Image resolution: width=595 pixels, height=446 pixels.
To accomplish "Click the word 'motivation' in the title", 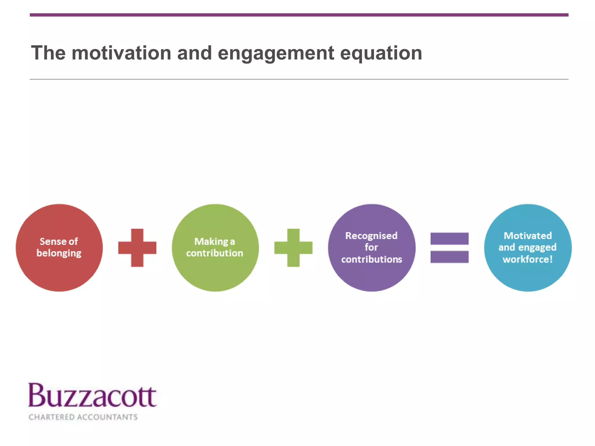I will [121, 53].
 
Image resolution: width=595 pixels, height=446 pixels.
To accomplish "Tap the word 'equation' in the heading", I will [381, 54].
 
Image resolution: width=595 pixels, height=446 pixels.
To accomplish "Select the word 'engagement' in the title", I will [276, 54].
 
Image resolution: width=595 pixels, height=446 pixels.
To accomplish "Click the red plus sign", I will [137, 248].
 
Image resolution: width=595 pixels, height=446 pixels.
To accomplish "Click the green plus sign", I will [293, 248].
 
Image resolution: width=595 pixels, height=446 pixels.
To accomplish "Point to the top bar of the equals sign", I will [449, 238].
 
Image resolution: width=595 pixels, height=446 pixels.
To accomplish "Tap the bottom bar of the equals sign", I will [449, 257].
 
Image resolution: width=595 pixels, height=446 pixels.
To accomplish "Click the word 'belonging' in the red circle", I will [59, 253].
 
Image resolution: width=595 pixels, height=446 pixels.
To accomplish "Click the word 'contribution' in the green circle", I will [214, 253].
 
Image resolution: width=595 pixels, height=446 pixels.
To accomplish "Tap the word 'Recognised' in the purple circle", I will [371, 235].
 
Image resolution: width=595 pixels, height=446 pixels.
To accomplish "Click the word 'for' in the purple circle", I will [371, 247].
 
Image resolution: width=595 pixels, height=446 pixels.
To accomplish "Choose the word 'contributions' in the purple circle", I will [372, 259].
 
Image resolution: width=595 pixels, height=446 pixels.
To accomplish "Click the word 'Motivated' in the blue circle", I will [528, 235].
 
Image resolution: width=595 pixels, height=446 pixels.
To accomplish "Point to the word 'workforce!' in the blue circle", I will [528, 259].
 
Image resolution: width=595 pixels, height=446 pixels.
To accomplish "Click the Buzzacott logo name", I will [92, 396].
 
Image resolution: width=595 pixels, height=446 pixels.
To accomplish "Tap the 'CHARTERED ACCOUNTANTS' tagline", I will [83, 417].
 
